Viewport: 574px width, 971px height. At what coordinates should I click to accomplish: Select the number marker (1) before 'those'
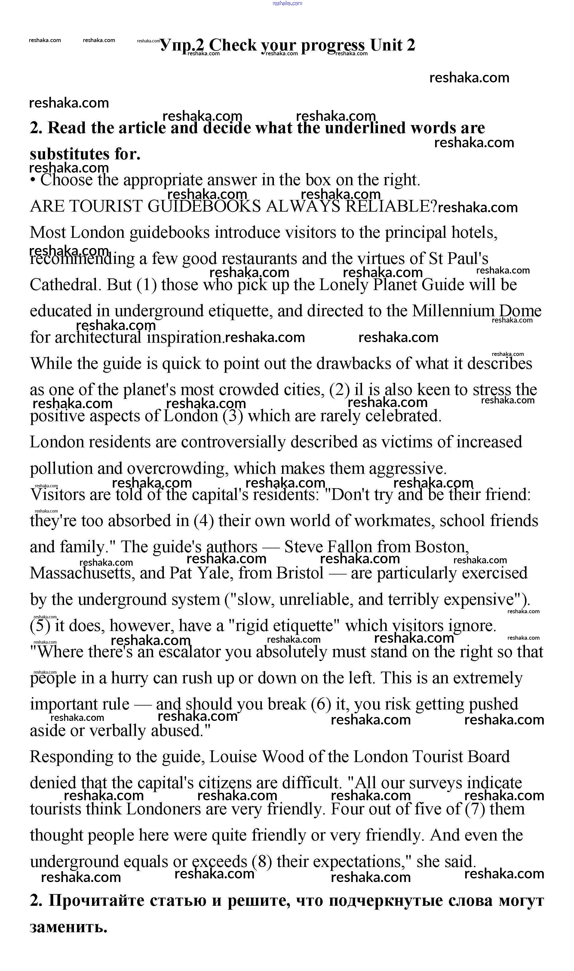pyautogui.click(x=147, y=285)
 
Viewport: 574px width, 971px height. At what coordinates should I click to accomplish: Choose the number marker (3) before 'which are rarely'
pyautogui.click(x=233, y=416)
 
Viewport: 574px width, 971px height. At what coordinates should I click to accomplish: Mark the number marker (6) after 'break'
pyautogui.click(x=321, y=705)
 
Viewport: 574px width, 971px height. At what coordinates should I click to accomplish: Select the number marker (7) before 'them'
pyautogui.click(x=475, y=809)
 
